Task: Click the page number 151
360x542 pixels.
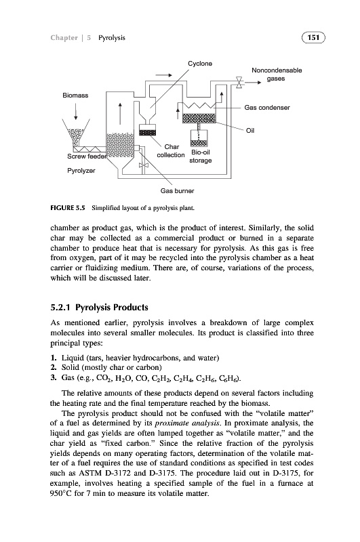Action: click(x=313, y=37)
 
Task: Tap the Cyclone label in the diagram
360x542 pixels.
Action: click(x=200, y=64)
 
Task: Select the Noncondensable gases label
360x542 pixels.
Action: click(x=277, y=75)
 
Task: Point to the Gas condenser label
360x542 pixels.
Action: click(x=267, y=108)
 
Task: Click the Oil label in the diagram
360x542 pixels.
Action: click(x=250, y=130)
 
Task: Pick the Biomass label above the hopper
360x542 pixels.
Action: click(x=75, y=95)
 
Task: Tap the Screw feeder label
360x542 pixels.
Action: click(x=86, y=157)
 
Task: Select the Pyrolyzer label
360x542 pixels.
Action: click(x=81, y=171)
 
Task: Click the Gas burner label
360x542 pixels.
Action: click(x=177, y=191)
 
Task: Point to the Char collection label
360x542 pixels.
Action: click(x=171, y=151)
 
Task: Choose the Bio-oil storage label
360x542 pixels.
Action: click(x=201, y=157)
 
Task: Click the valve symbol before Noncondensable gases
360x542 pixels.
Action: click(x=239, y=83)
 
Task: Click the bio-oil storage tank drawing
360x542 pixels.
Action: click(x=199, y=138)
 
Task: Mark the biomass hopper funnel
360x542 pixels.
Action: click(x=76, y=132)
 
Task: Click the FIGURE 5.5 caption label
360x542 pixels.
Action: click(x=67, y=208)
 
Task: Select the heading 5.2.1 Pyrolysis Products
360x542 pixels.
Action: click(x=99, y=308)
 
